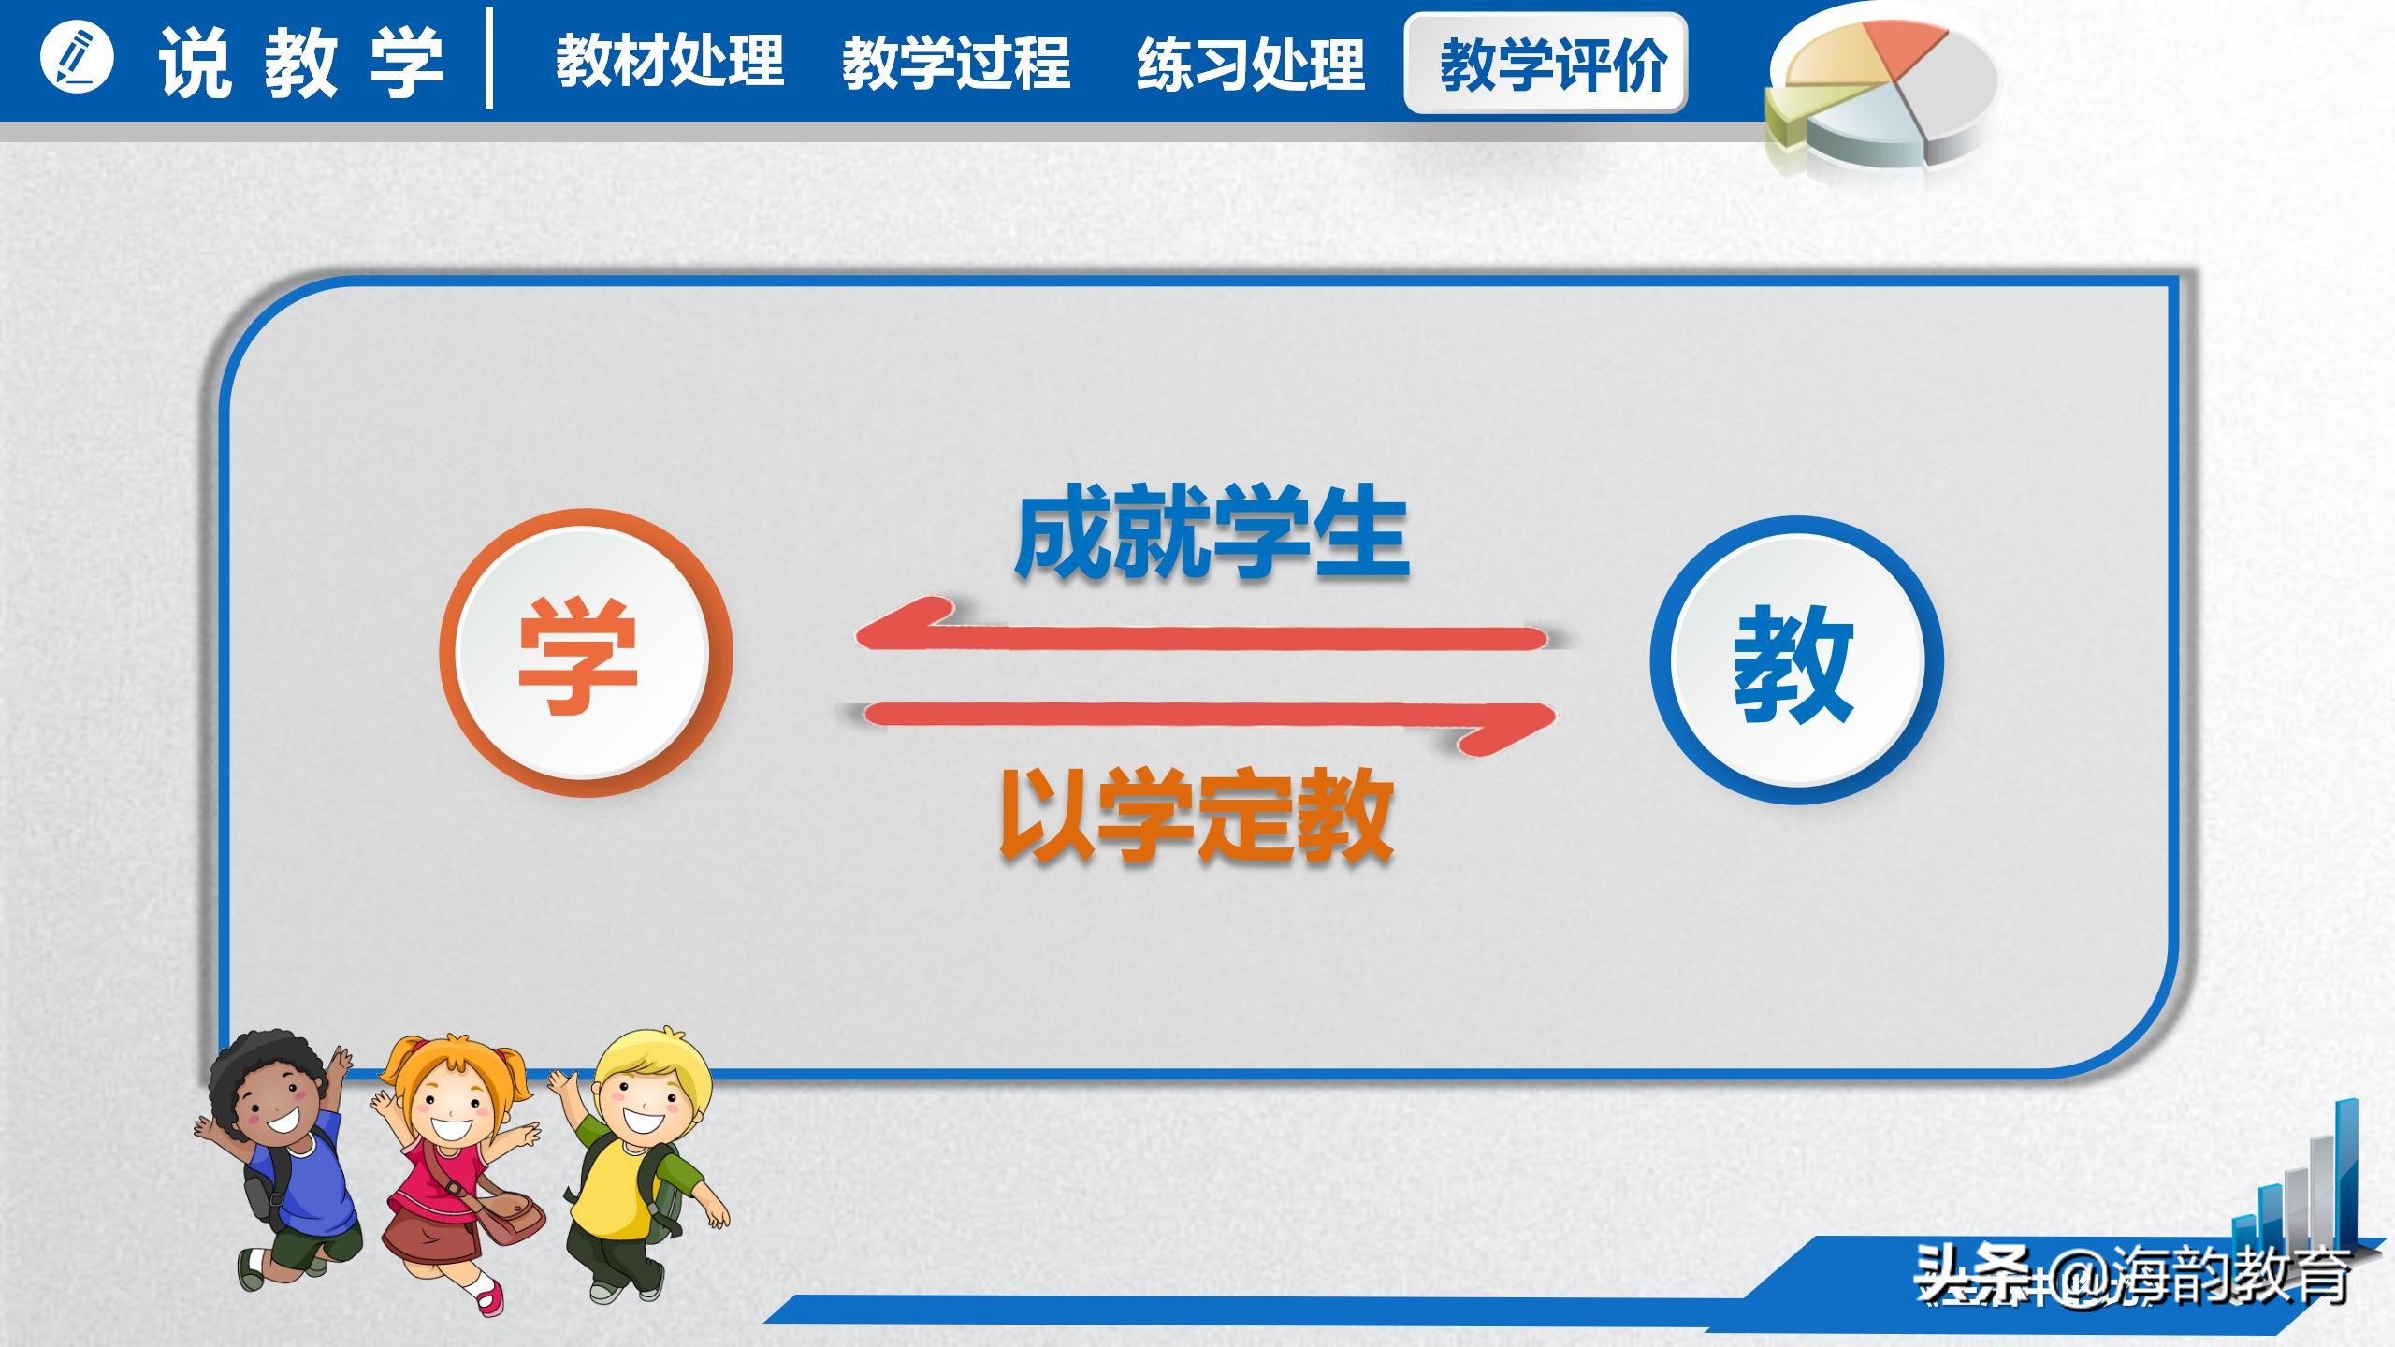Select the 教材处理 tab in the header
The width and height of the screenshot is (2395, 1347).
tap(670, 62)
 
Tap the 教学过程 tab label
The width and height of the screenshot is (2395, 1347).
tap(955, 64)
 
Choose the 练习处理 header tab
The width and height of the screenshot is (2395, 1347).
tap(1251, 64)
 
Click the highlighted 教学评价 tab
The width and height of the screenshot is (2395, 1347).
tap(1546, 64)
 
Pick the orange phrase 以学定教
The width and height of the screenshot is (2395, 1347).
tap(1197, 814)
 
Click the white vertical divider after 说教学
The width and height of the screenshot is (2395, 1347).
tap(489, 60)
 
